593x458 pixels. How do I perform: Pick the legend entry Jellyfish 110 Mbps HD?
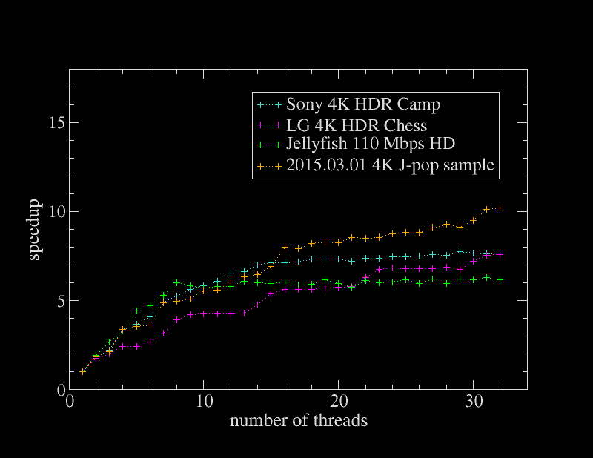pyautogui.click(x=371, y=145)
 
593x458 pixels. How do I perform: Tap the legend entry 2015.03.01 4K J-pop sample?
pyautogui.click(x=390, y=165)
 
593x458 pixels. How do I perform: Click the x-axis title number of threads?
pyautogui.click(x=299, y=421)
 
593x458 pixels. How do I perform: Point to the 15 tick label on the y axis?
pyautogui.click(x=51, y=123)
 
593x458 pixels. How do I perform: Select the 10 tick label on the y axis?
pyautogui.click(x=51, y=212)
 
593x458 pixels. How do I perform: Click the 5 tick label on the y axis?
pyautogui.click(x=56, y=301)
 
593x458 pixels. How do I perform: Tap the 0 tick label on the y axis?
pyautogui.click(x=56, y=390)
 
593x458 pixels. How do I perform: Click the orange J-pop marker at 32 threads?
pyautogui.click(x=500, y=208)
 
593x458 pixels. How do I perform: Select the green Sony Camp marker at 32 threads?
pyautogui.click(x=500, y=279)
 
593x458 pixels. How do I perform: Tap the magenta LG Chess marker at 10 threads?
pyautogui.click(x=204, y=314)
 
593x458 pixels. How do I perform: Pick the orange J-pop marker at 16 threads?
pyautogui.click(x=285, y=247)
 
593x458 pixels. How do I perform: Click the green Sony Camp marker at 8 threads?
pyautogui.click(x=177, y=282)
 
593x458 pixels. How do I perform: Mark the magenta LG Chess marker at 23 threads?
pyautogui.click(x=379, y=269)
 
